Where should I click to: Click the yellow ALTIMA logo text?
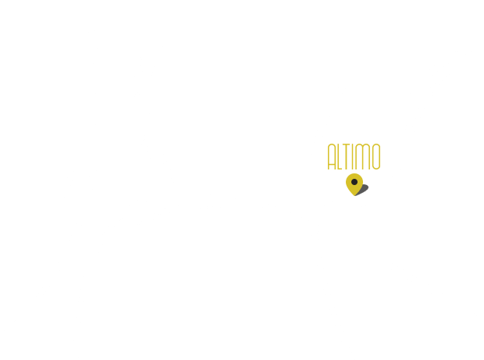tap(354, 156)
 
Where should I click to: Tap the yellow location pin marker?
tap(354, 184)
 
